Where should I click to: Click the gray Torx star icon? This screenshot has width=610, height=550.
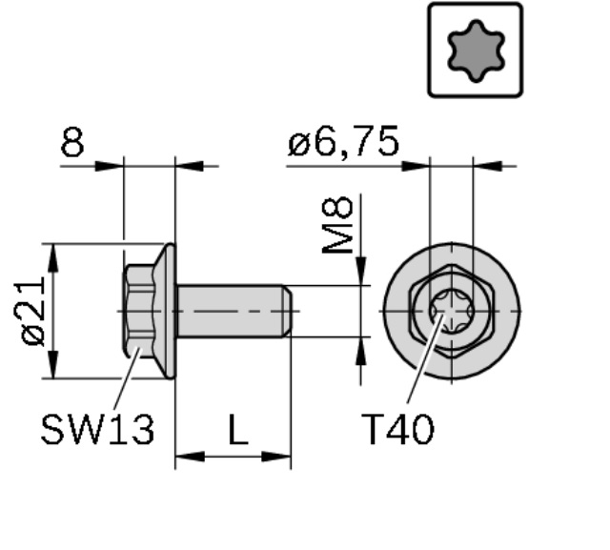pos(476,51)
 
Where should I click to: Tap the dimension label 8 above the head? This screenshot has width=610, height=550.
pos(72,142)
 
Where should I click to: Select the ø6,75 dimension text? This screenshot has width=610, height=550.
pos(343,142)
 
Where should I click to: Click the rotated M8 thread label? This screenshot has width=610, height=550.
pos(337,225)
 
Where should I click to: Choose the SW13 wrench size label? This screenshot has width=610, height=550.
pos(97,430)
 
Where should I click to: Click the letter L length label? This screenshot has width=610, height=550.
pos(238,430)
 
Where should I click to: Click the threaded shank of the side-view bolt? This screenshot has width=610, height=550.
pos(231,311)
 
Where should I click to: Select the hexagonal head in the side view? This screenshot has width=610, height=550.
pos(139,311)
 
